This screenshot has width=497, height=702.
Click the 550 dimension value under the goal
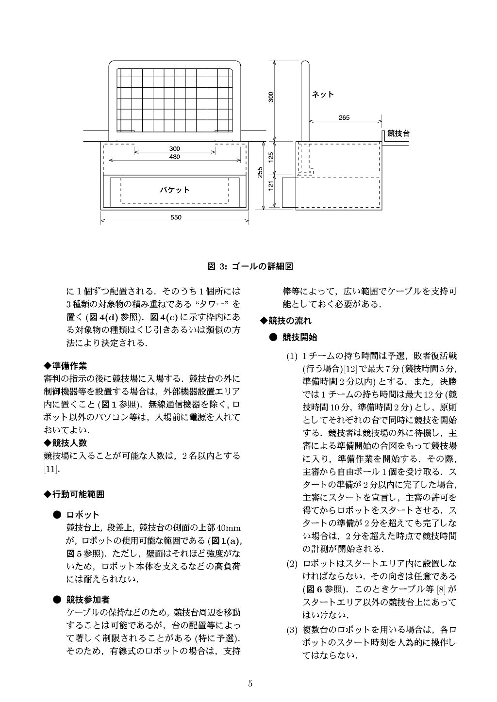click(x=176, y=217)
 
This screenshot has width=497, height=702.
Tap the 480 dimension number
click(x=174, y=157)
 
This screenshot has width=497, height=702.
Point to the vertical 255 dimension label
click(x=260, y=172)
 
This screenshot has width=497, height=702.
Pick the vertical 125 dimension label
click(x=272, y=157)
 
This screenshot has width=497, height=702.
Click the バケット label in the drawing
click(x=175, y=190)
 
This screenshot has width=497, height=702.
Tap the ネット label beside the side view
click(x=323, y=94)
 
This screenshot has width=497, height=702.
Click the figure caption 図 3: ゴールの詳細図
click(x=250, y=266)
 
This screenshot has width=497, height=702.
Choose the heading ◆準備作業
click(x=66, y=365)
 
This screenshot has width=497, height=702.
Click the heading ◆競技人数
click(x=66, y=442)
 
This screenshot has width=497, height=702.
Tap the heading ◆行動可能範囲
click(x=74, y=494)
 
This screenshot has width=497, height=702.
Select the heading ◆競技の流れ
click(x=286, y=321)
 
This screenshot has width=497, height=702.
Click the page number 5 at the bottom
click(x=250, y=684)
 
